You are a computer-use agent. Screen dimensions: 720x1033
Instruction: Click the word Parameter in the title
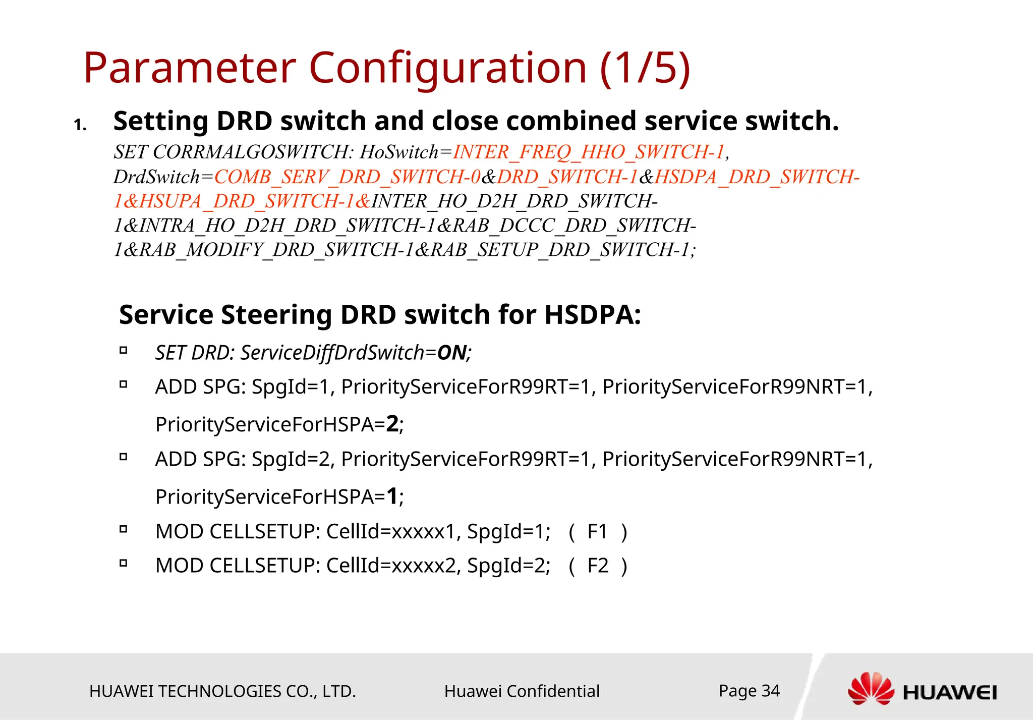click(190, 68)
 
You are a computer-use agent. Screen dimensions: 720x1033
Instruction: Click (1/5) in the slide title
click(645, 68)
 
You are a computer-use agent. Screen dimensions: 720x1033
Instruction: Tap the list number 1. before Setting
click(80, 125)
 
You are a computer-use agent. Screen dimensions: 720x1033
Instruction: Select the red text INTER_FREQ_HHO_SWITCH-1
click(589, 152)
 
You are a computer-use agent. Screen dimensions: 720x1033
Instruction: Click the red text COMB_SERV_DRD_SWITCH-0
click(348, 177)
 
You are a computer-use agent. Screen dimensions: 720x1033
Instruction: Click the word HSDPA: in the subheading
click(593, 315)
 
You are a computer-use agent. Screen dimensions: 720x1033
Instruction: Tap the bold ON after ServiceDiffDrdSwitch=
click(451, 353)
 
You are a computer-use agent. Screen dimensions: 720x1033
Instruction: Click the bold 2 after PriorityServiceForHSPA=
click(392, 424)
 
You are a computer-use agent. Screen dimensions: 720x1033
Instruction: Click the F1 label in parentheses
click(598, 532)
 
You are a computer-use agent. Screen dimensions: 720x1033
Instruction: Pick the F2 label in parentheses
click(598, 566)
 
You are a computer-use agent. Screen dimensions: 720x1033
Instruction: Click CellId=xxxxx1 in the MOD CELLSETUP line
click(390, 532)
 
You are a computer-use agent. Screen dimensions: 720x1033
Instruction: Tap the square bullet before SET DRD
click(124, 350)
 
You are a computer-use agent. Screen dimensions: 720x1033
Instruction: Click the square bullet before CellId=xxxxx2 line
click(124, 563)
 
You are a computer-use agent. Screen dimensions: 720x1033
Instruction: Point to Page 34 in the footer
click(749, 690)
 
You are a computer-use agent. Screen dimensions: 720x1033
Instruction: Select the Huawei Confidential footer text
click(522, 691)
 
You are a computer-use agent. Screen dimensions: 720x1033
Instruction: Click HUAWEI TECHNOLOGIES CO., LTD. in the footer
click(222, 691)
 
